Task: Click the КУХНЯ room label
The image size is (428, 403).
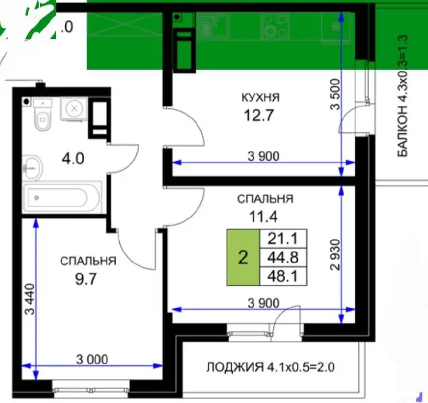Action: point(261,97)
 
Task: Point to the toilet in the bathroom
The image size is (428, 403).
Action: point(41,116)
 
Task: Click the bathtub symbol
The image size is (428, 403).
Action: point(62,199)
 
